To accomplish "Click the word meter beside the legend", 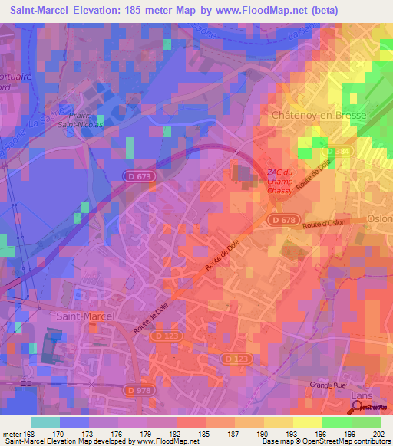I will pyautogui.click(x=12, y=433).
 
